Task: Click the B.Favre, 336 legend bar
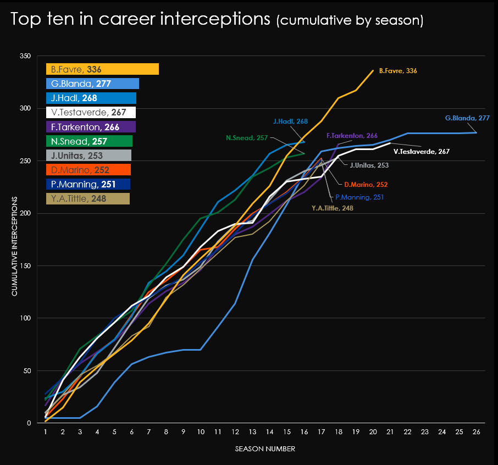[102, 69]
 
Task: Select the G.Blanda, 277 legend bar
[92, 84]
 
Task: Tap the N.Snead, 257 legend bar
[89, 141]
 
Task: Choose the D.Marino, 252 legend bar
[88, 170]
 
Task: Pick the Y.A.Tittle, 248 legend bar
[88, 198]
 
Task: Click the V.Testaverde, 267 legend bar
[91, 112]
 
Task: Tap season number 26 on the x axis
[476, 432]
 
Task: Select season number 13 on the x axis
[252, 432]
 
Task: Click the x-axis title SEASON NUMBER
[265, 449]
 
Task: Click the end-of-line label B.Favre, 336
[398, 71]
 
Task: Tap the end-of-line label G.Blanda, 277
[467, 118]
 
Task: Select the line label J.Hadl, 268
[290, 121]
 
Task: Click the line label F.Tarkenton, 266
[352, 135]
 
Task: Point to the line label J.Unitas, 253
[369, 164]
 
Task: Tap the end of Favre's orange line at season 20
[373, 70]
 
